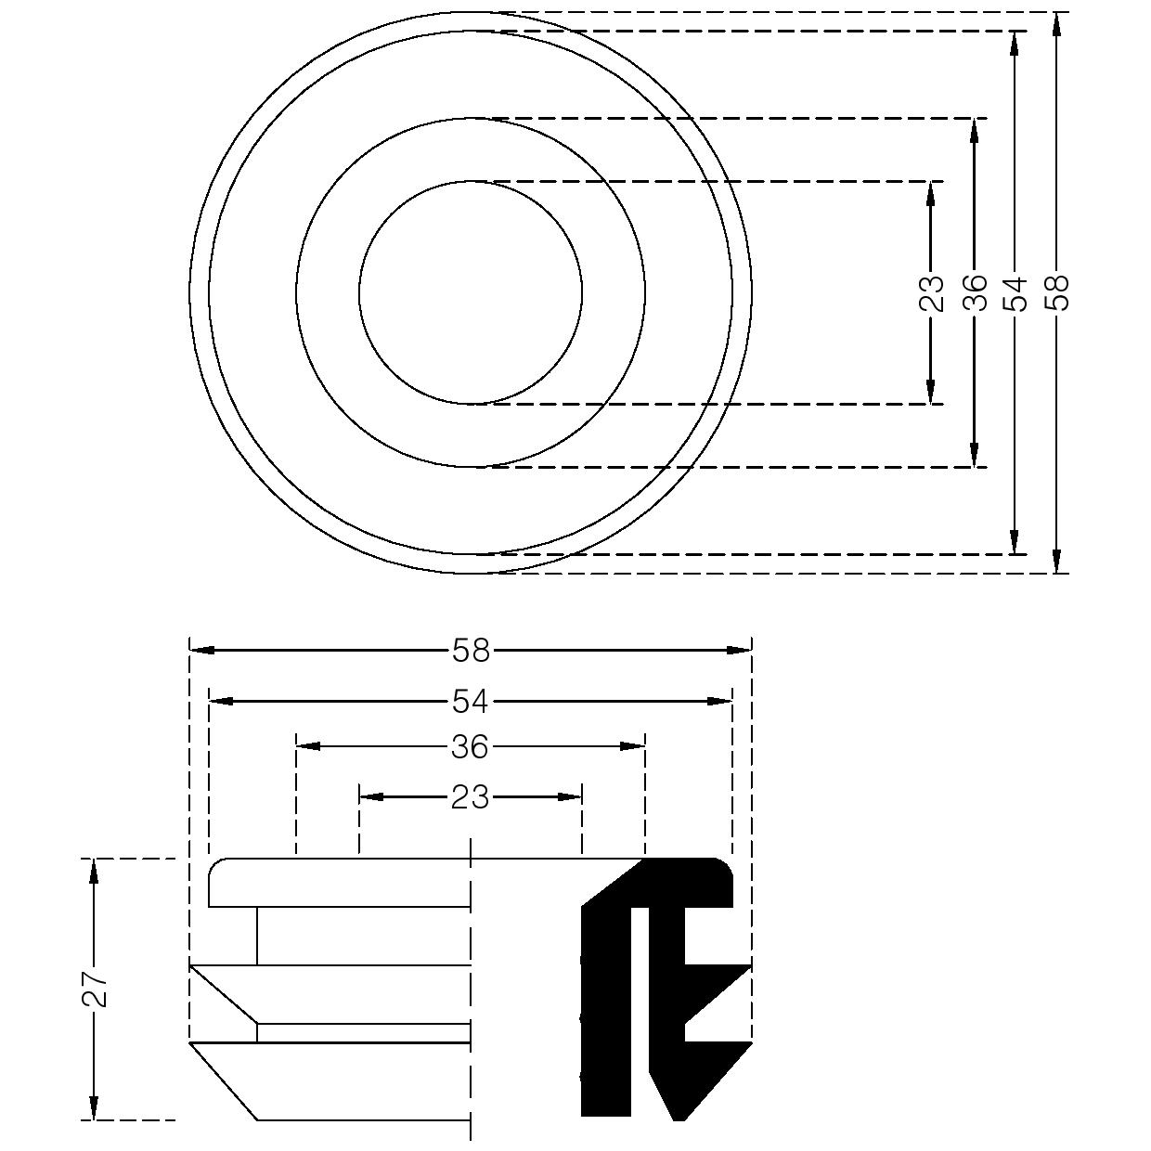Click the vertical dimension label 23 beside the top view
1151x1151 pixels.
pos(931,292)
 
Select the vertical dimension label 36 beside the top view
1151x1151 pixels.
pos(975,292)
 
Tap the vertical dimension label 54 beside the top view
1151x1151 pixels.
pos(1015,292)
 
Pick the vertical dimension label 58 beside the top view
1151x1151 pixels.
pos(1056,292)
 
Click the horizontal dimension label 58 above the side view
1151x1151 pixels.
pos(471,651)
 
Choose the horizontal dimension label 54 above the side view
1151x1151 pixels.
pos(471,701)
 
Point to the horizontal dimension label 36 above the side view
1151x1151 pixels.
pos(471,746)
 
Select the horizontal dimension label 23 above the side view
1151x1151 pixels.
pos(471,797)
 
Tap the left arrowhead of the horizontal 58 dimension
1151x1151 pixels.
pos(201,651)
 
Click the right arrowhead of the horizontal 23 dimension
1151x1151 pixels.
pos(569,797)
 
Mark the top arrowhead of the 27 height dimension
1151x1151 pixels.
pos(94,872)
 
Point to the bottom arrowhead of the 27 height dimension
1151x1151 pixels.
pos(94,1106)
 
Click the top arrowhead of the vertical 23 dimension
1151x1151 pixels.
pos(931,193)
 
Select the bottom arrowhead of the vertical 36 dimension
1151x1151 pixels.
pos(975,455)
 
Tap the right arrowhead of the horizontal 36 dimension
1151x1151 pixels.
pos(632,746)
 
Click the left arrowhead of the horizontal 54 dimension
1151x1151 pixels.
pos(221,701)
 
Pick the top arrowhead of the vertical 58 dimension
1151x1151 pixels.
pos(1056,25)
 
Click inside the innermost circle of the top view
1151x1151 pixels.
pos(471,292)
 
